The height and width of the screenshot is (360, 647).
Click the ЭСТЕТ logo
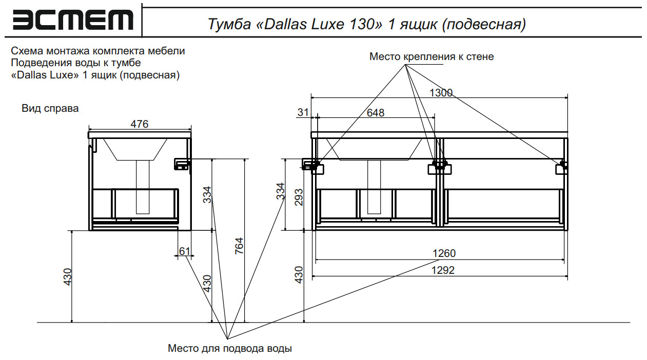(x=72, y=21)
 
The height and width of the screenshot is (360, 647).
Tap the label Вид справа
(x=50, y=109)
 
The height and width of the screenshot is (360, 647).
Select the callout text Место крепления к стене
(x=432, y=56)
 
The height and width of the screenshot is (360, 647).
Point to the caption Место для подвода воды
(x=230, y=349)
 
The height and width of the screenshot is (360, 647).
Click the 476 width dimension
(x=139, y=124)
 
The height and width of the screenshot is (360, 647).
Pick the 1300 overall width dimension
(x=441, y=93)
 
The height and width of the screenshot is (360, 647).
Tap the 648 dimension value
(x=376, y=113)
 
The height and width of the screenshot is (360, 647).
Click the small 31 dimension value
(x=303, y=112)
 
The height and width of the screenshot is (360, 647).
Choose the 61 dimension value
(x=185, y=251)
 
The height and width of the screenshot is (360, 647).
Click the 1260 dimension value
(x=444, y=253)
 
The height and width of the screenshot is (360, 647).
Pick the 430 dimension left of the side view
(x=67, y=277)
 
